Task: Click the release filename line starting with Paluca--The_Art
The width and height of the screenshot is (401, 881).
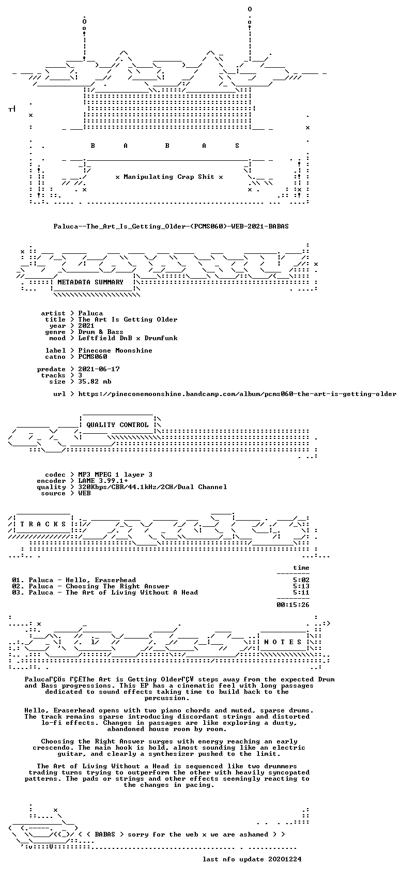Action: [x=171, y=226]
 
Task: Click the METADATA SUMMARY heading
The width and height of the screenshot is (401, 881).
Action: [x=90, y=282]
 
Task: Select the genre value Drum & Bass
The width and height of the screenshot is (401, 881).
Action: [x=101, y=332]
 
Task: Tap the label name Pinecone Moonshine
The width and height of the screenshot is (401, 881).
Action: [x=115, y=351]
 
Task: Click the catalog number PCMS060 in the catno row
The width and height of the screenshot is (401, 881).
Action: [x=93, y=357]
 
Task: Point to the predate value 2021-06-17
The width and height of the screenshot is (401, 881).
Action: [x=99, y=369]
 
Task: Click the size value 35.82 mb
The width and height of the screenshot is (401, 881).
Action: [x=95, y=382]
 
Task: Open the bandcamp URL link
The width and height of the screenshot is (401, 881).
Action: [x=237, y=393]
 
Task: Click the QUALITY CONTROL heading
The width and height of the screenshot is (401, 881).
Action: [x=117, y=425]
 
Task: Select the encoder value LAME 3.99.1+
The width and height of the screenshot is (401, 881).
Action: [x=103, y=481]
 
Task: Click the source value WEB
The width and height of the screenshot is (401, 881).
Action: [x=85, y=493]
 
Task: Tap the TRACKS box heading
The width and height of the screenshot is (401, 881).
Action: [x=43, y=524]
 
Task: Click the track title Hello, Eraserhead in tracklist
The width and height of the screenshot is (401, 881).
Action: [x=101, y=580]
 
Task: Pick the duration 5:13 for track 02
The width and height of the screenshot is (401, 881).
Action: [x=301, y=586]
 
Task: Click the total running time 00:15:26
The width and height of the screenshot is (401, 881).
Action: [x=293, y=604]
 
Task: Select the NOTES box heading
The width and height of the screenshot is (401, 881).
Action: [x=283, y=642]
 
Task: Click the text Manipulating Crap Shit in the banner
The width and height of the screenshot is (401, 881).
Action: [x=169, y=177]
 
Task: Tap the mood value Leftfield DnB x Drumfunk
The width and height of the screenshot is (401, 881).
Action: [x=128, y=338]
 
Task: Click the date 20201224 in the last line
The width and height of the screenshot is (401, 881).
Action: [x=285, y=859]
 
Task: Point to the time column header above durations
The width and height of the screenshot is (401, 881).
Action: [x=301, y=568]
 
